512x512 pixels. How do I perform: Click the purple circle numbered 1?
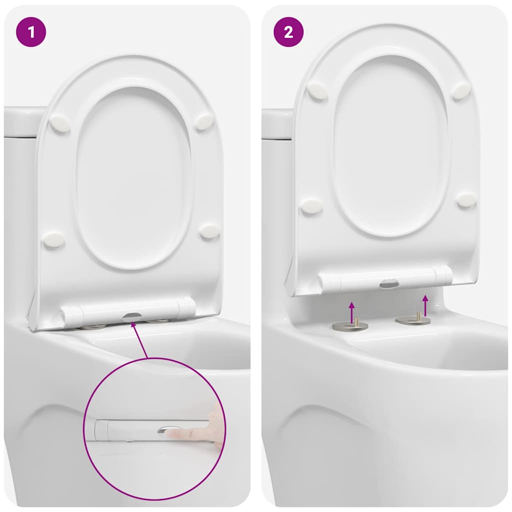[31, 32]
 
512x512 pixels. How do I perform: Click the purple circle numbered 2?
[288, 32]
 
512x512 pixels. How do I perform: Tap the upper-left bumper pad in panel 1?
[60, 123]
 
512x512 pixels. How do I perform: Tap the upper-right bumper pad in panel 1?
[204, 121]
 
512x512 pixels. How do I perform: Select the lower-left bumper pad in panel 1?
[53, 239]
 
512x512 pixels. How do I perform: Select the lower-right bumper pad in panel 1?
[209, 231]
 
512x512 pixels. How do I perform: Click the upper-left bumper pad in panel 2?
[317, 91]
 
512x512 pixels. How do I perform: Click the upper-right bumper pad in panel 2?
[461, 90]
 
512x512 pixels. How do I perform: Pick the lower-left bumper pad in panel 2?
[311, 205]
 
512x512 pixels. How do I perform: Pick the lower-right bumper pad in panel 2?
[466, 199]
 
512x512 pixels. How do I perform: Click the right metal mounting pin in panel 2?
[413, 319]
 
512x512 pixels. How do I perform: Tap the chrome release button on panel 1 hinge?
[131, 316]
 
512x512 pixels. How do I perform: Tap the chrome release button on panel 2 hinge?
[388, 283]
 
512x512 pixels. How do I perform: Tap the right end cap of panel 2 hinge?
[443, 275]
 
